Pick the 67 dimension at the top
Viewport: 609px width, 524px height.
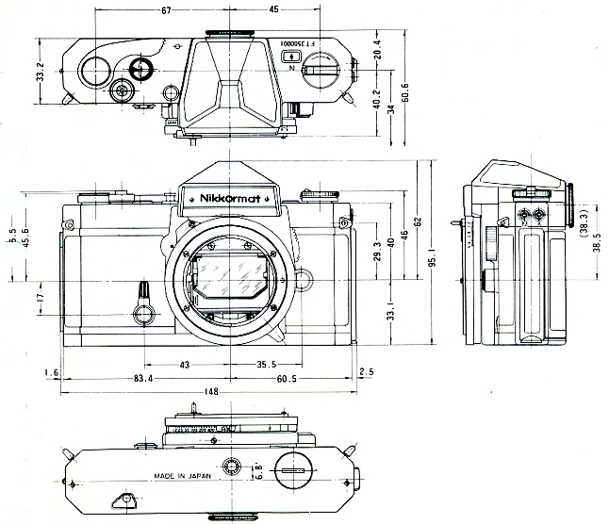tap(166, 11)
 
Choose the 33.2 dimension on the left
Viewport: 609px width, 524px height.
tap(39, 72)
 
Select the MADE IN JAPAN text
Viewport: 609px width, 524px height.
tap(182, 477)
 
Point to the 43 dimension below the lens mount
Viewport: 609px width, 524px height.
tap(184, 365)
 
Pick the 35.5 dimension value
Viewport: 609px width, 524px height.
tap(266, 365)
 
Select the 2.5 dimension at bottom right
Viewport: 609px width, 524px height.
tap(366, 373)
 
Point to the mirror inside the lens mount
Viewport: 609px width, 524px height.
tap(228, 283)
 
